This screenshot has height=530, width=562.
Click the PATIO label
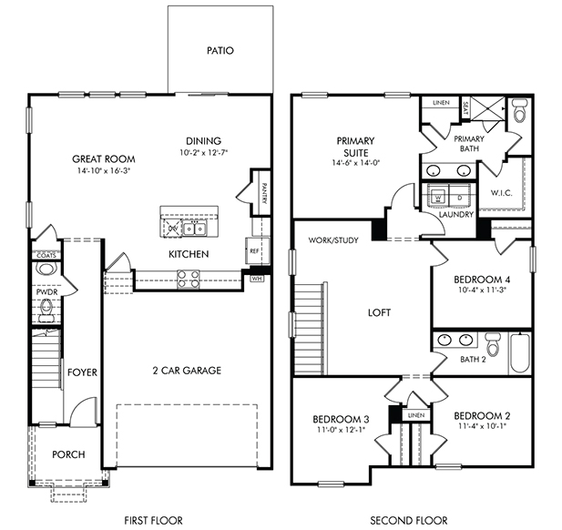[220, 50]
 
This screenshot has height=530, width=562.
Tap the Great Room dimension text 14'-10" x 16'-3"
[103, 170]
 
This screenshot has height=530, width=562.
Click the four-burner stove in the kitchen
[189, 280]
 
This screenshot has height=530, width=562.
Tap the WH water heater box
[256, 279]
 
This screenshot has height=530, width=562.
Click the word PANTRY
[264, 193]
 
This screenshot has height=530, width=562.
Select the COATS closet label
[46, 255]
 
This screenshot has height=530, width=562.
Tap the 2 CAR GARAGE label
[187, 370]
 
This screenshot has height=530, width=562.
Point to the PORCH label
[68, 454]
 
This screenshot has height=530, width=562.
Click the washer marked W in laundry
[438, 197]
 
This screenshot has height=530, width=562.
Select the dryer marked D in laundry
[461, 197]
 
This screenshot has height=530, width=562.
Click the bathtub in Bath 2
[520, 353]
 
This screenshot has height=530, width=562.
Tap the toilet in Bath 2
[493, 344]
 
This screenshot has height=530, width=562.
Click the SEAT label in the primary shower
[465, 107]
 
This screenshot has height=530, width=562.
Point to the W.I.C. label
[501, 193]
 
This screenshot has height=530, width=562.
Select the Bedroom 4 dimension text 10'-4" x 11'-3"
[482, 290]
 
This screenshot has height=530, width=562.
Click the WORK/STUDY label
[333, 240]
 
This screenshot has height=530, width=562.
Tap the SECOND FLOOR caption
[409, 520]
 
